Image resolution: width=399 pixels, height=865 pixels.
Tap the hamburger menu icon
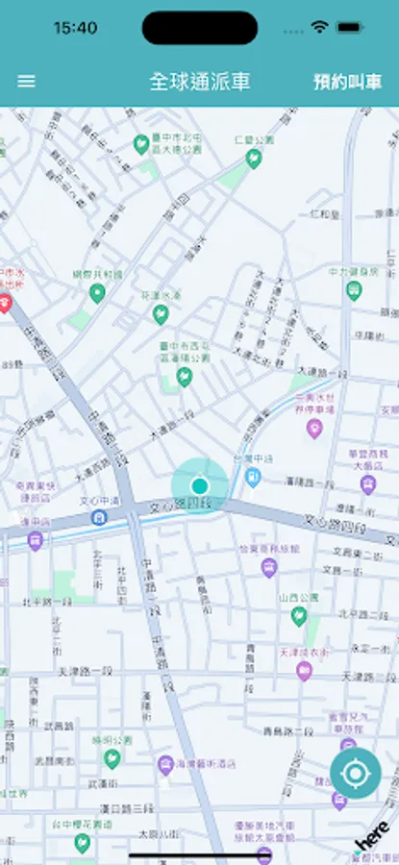(x=27, y=82)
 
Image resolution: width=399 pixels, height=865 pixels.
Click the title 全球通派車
(x=200, y=82)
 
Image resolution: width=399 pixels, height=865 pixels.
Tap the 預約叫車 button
(x=347, y=82)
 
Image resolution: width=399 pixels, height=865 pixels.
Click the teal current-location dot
(x=199, y=484)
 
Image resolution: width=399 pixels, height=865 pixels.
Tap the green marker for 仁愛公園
(x=254, y=159)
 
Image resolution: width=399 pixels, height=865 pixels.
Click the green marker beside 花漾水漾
(x=162, y=313)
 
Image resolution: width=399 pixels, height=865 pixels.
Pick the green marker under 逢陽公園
(x=183, y=378)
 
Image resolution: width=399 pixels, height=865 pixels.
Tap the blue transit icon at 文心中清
(x=99, y=517)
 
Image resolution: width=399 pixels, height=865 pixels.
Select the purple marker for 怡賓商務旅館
(x=268, y=567)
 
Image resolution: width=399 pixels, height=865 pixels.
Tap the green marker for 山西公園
(x=299, y=615)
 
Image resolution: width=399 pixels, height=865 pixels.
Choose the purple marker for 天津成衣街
(x=304, y=670)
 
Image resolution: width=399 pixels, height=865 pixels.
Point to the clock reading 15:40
(x=75, y=28)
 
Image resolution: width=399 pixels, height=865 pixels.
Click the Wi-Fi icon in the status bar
(x=319, y=28)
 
